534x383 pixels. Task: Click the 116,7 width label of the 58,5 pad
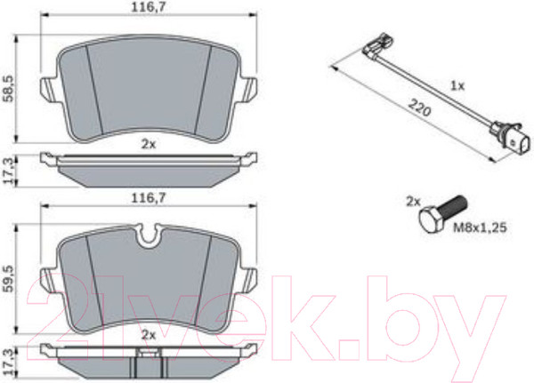150,7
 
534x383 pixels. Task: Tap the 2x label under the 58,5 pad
149,143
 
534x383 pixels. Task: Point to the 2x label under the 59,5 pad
149,335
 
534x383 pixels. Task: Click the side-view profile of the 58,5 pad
149,168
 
